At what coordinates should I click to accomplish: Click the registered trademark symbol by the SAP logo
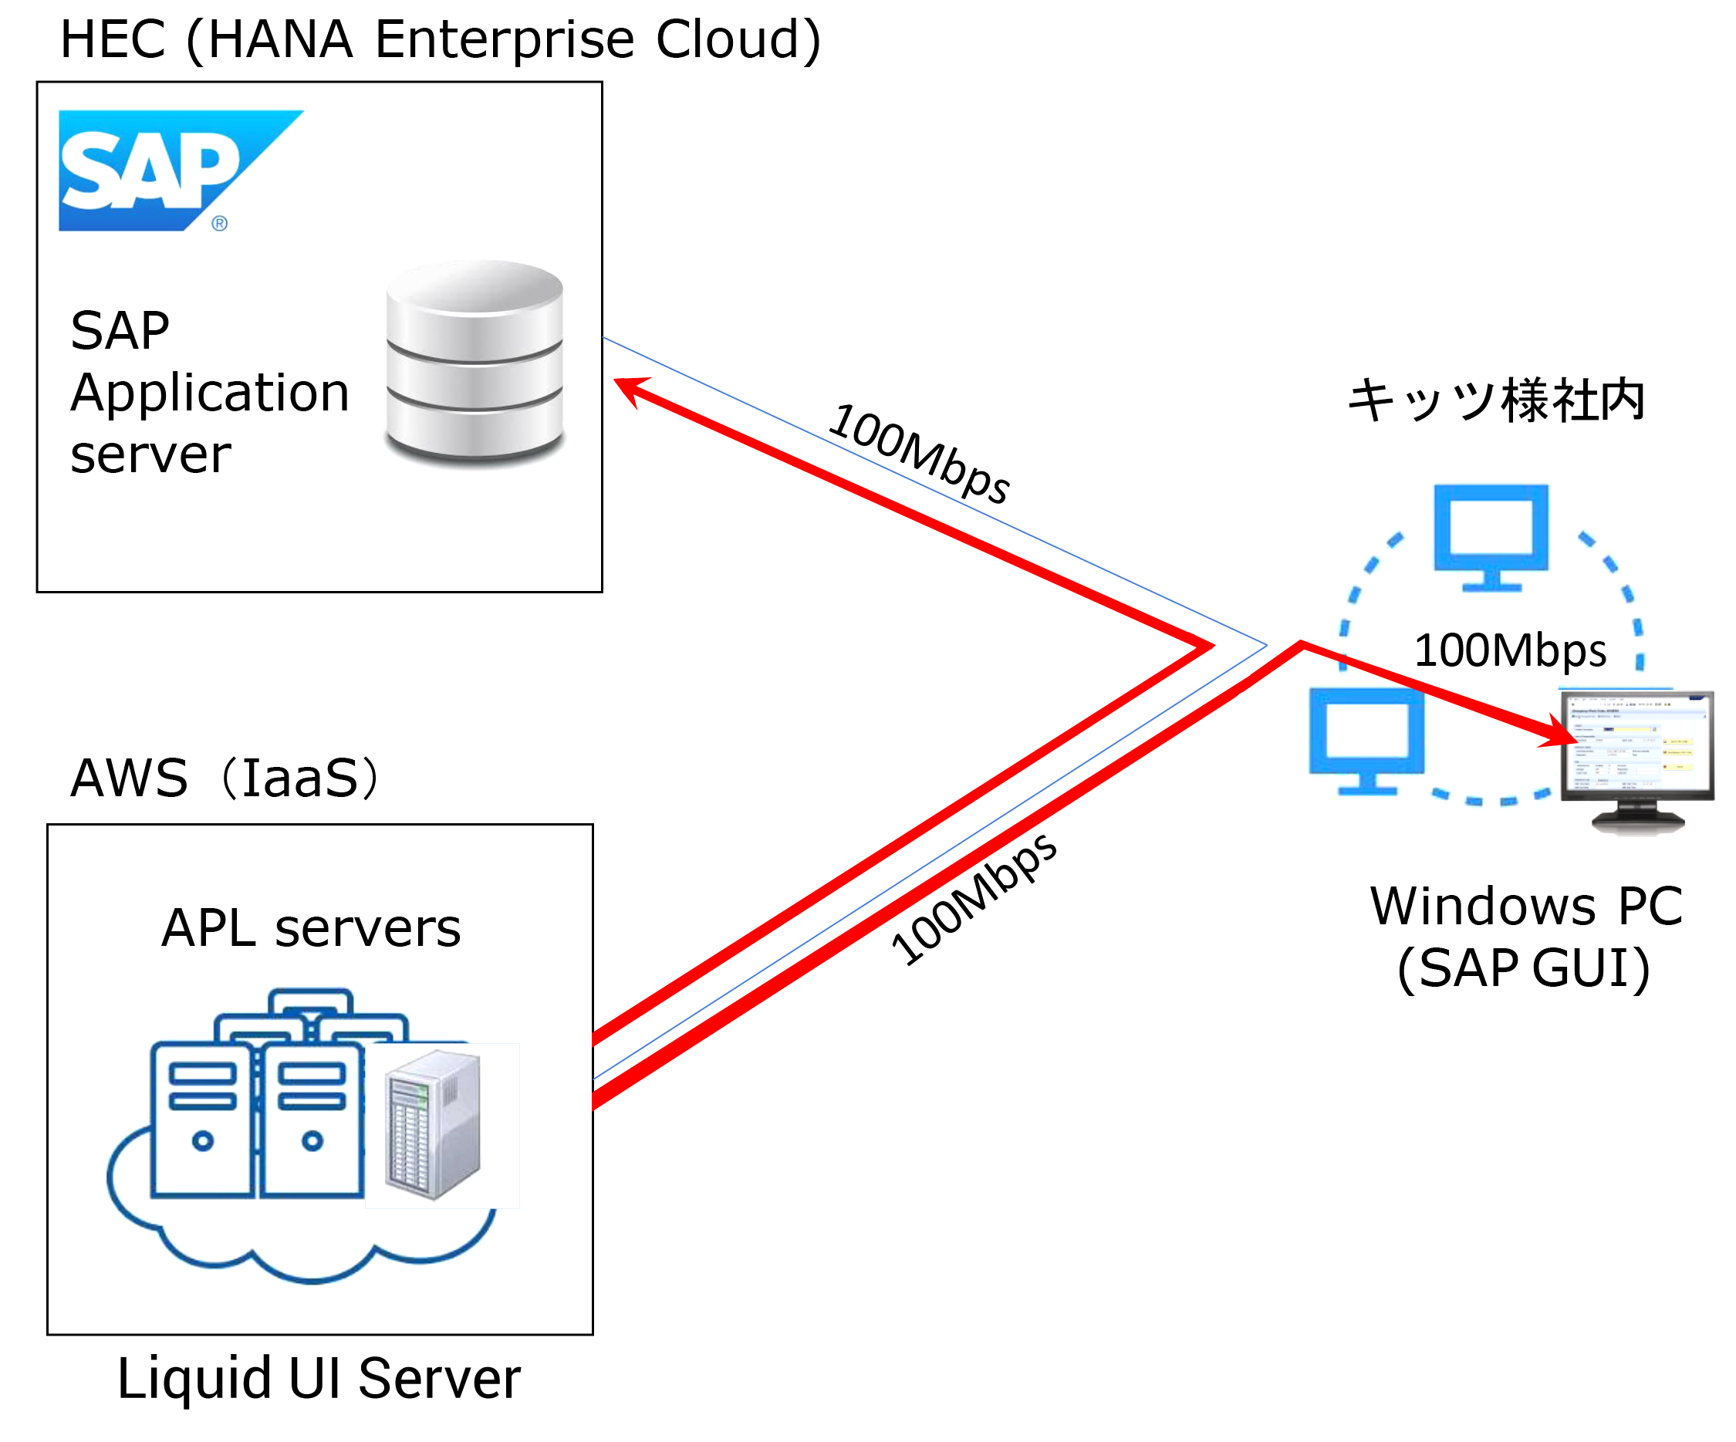pyautogui.click(x=219, y=223)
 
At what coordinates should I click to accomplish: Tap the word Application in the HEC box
pyautogui.click(x=210, y=393)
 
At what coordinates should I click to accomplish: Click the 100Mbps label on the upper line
pyautogui.click(x=919, y=453)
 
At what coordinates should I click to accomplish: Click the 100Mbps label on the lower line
pyautogui.click(x=974, y=900)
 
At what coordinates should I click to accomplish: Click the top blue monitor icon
pyautogui.click(x=1491, y=535)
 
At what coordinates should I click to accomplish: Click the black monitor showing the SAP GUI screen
pyautogui.click(x=1636, y=757)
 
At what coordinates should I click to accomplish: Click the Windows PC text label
pyautogui.click(x=1526, y=907)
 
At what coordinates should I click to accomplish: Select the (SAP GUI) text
pyautogui.click(x=1524, y=968)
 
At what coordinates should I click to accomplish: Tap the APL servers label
pyautogui.click(x=311, y=927)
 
